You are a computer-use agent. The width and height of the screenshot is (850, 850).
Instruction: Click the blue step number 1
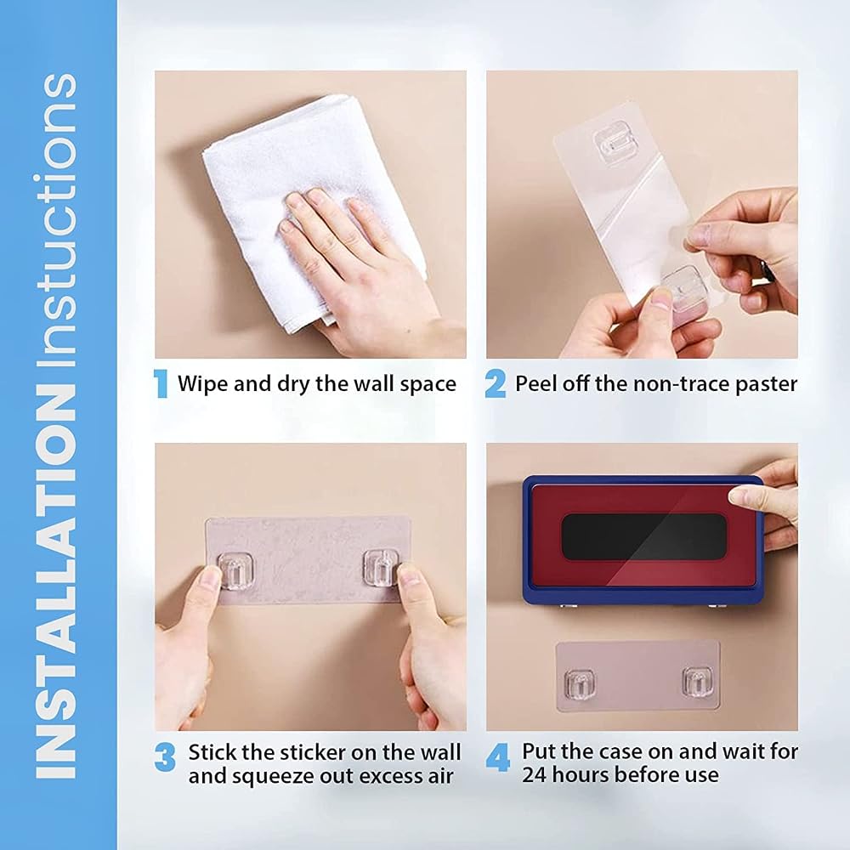point(161,384)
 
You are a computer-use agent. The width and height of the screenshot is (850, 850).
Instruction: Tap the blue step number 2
point(495,384)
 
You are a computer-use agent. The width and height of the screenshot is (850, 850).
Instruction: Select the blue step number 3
point(165,757)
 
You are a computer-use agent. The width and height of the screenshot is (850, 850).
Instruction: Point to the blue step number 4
point(497,757)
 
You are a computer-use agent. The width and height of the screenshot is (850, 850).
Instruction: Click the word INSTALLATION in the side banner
point(56,580)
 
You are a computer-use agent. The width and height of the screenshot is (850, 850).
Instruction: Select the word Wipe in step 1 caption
point(203,384)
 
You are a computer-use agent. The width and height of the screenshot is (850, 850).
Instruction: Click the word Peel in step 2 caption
point(536,384)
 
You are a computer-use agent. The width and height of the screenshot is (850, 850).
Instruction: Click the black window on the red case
point(643,536)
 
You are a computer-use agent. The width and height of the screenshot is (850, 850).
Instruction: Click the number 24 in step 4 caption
point(534,774)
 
